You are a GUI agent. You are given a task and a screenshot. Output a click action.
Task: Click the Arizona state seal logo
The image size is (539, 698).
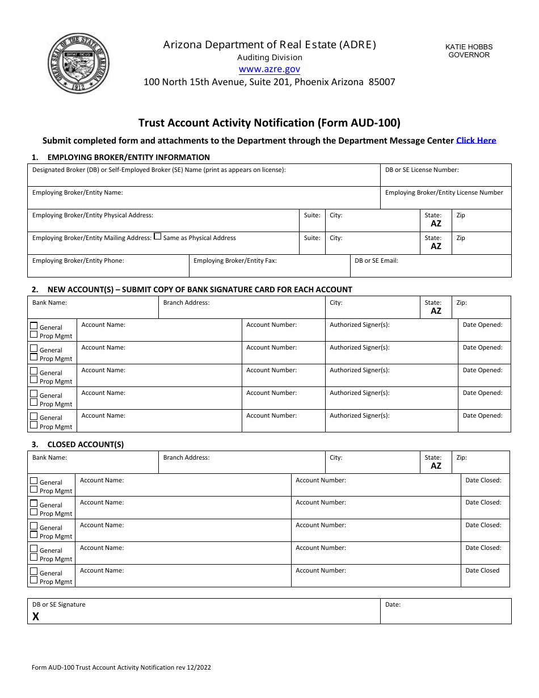(78, 64)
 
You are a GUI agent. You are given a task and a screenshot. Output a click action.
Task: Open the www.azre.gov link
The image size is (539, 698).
(269, 69)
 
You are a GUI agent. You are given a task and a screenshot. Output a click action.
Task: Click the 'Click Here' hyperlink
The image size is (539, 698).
(476, 140)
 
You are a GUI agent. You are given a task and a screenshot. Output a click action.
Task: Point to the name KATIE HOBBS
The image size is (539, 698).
(469, 47)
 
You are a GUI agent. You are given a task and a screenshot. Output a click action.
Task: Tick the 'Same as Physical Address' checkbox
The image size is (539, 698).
(158, 237)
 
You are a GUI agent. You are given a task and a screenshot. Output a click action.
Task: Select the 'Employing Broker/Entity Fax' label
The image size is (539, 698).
(235, 260)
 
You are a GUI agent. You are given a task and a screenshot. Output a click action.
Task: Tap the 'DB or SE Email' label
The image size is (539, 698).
(376, 260)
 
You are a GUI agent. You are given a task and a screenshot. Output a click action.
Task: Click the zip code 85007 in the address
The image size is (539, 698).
(382, 82)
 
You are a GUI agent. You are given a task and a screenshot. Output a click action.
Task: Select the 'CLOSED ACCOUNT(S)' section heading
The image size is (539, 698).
(85, 444)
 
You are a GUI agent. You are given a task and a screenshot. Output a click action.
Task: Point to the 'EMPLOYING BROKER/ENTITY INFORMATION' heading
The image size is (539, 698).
(128, 157)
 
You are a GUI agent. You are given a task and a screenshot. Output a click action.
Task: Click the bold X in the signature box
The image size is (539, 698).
(36, 616)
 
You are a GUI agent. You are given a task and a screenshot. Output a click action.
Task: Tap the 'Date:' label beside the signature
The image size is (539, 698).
(393, 604)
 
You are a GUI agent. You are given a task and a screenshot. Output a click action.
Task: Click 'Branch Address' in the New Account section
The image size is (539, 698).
(186, 302)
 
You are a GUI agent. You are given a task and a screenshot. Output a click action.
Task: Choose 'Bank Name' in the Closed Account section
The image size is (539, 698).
(49, 457)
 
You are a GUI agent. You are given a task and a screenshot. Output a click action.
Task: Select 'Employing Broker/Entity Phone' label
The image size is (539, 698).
(78, 260)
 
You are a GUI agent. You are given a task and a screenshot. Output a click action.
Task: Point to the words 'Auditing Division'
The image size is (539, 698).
(269, 57)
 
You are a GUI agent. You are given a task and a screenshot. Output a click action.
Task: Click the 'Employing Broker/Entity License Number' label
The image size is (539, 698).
(444, 192)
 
